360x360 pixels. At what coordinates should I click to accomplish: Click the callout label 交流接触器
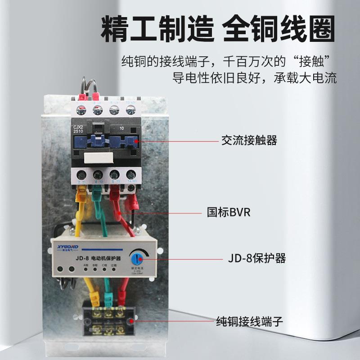[x=249, y=141]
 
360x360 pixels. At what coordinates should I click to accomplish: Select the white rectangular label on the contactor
[x=98, y=157]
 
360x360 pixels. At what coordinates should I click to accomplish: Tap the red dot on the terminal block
[x=131, y=321]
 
